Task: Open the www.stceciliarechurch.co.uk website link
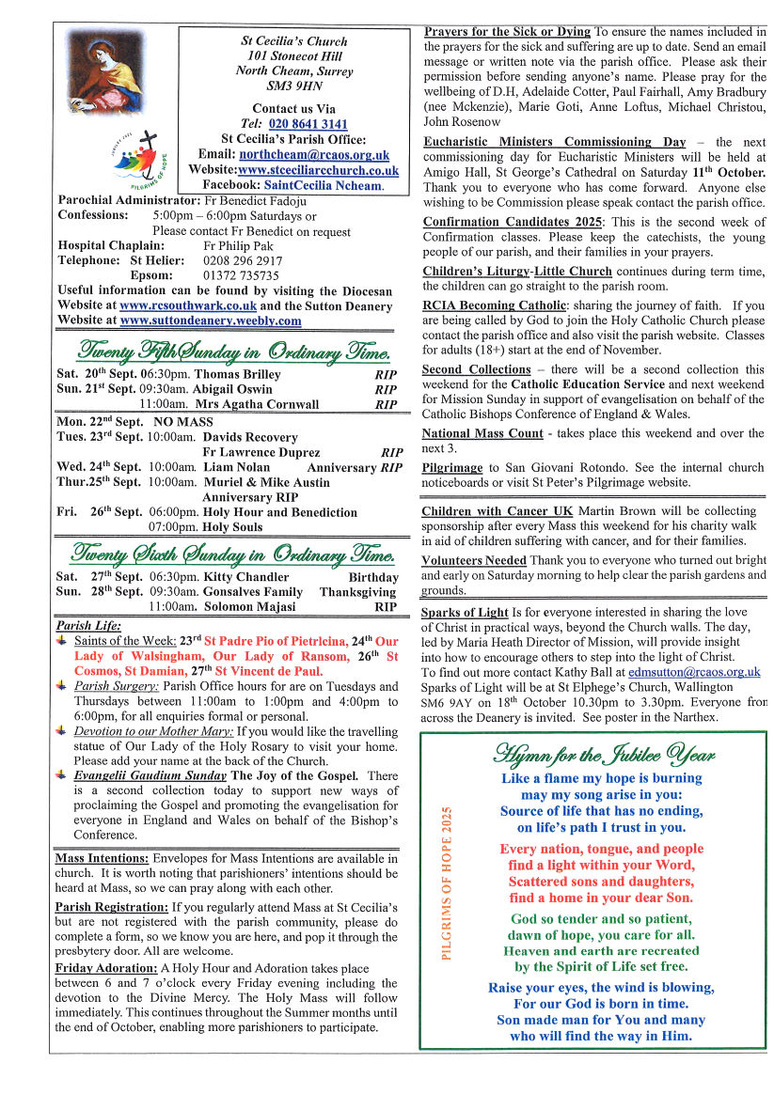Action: (319, 170)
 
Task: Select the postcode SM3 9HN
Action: (293, 86)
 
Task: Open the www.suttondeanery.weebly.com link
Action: (211, 320)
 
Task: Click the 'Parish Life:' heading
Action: (88, 625)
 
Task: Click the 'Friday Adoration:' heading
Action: (106, 967)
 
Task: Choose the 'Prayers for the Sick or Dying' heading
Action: (507, 32)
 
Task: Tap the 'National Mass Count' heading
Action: (482, 433)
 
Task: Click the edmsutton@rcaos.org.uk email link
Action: (695, 673)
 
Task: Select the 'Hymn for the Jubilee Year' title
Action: (603, 754)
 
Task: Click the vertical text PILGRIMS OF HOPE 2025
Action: (447, 882)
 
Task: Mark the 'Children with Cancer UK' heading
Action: (497, 511)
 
